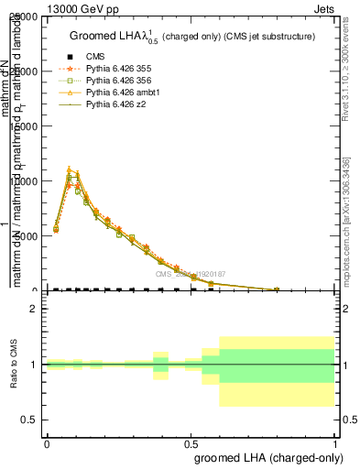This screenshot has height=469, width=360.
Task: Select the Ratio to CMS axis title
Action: tap(14, 365)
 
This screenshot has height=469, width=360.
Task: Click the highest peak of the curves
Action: tap(70, 169)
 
